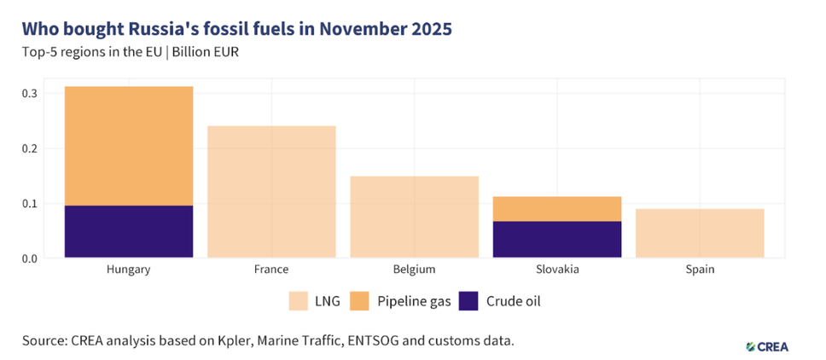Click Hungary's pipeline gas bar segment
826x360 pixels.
(129, 146)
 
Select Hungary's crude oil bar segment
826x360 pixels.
(129, 231)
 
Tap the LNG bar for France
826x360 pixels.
(271, 191)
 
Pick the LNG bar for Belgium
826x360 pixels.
(414, 217)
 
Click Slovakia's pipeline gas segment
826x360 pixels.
(557, 208)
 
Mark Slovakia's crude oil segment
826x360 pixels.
(557, 239)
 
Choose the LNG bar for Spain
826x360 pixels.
(700, 233)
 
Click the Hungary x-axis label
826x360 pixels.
(129, 270)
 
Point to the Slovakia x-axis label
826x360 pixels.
(557, 270)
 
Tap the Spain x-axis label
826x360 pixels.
(700, 270)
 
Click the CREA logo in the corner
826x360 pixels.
(767, 346)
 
